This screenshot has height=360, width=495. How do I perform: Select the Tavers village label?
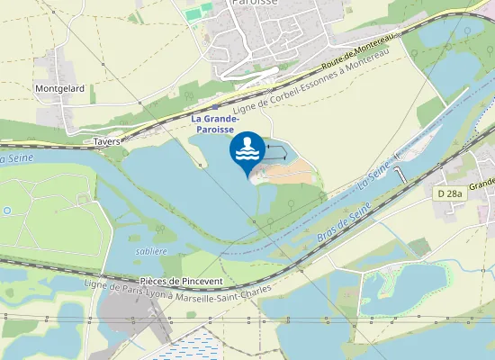pyautogui.click(x=107, y=141)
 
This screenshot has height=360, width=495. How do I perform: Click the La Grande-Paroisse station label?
pyautogui.click(x=216, y=123)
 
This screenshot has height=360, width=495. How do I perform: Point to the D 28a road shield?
pyautogui.click(x=449, y=193)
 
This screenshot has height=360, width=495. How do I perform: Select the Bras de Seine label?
pyautogui.click(x=345, y=221)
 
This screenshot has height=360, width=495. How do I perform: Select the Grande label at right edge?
pyautogui.click(x=481, y=184)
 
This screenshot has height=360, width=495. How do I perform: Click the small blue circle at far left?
pyautogui.click(x=6, y=211)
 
